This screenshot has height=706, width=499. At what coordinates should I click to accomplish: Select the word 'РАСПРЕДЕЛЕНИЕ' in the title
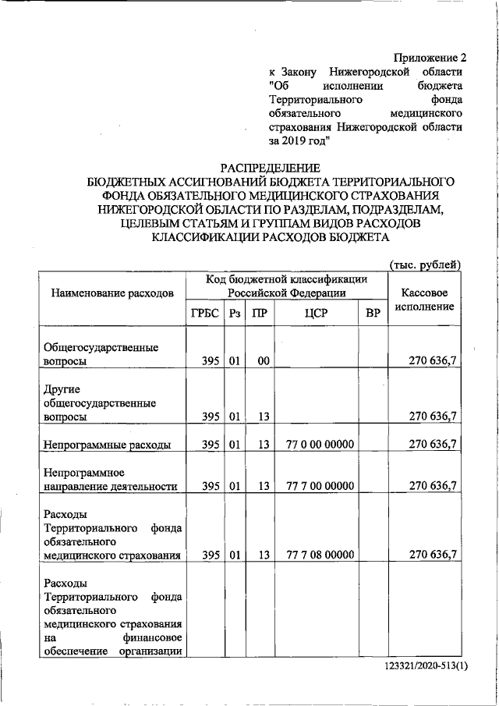click(x=269, y=168)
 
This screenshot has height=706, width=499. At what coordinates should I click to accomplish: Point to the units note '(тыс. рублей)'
click(x=425, y=264)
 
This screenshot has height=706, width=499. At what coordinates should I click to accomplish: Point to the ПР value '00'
click(x=263, y=362)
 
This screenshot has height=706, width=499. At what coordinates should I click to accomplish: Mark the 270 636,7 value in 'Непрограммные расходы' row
click(x=433, y=445)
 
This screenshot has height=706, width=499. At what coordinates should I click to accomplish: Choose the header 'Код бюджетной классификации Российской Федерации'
click(x=286, y=286)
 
